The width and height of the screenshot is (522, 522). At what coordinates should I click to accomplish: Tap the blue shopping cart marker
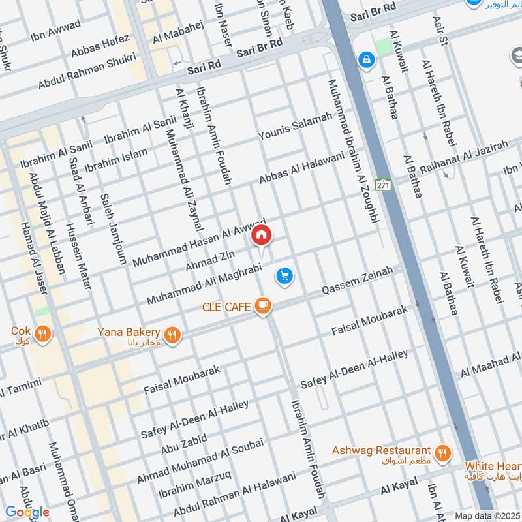[x=284, y=276]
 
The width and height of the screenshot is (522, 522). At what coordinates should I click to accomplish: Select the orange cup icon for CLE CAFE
[x=262, y=306]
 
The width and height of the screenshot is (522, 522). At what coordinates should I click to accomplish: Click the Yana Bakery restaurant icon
[x=173, y=335]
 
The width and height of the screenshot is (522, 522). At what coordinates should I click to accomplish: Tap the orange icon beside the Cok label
[x=42, y=334]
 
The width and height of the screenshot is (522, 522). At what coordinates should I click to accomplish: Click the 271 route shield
[x=385, y=185]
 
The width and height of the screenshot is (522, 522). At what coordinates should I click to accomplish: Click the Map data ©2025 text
[x=487, y=515]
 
